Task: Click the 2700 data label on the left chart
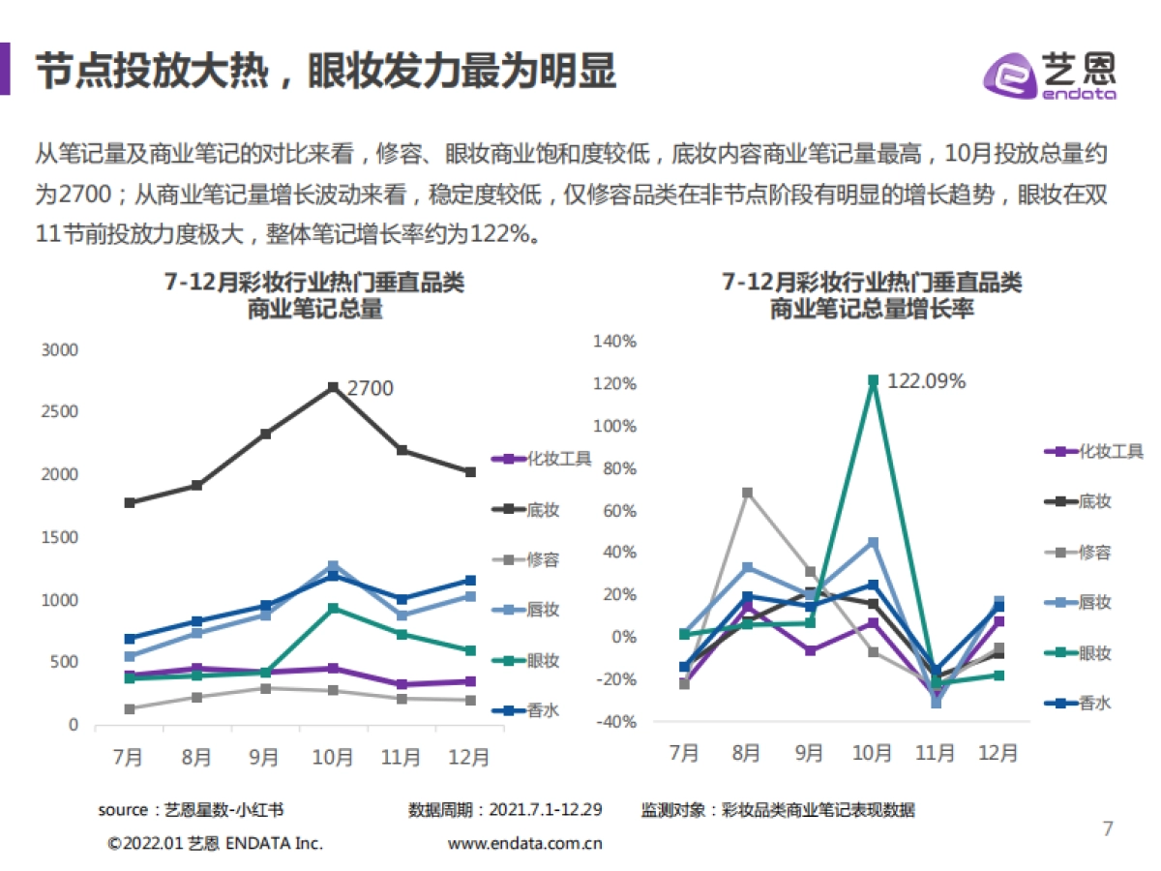pos(370,388)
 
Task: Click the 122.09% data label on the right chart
pos(926,381)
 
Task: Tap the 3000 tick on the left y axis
pos(60,350)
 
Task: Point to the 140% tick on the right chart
pos(614,342)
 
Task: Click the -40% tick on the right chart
pos(614,722)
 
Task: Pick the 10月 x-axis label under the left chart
pos(333,758)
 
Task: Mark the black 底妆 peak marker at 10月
pos(333,387)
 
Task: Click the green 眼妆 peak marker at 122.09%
pos(873,380)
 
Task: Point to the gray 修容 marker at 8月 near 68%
pos(747,493)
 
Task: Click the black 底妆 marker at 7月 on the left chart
pos(130,502)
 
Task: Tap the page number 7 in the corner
pos(1109,828)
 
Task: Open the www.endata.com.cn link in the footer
pos(525,843)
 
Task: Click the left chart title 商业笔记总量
pos(314,310)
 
